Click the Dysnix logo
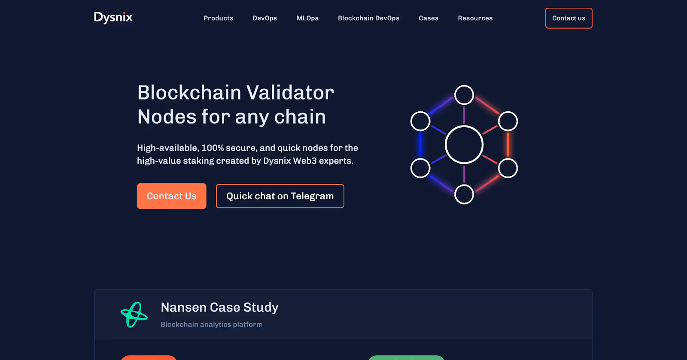(x=113, y=18)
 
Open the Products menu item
(x=219, y=18)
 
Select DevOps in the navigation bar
(x=264, y=18)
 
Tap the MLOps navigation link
(x=307, y=18)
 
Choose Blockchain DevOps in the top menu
(x=368, y=18)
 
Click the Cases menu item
(x=429, y=18)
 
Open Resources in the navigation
(x=475, y=18)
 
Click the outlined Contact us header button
(x=568, y=18)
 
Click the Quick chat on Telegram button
(x=280, y=196)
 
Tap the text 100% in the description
(x=213, y=148)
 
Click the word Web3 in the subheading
(x=305, y=161)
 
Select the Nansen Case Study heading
(x=219, y=307)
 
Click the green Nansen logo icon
(x=134, y=314)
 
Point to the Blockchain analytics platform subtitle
(x=211, y=324)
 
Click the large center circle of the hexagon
(x=464, y=145)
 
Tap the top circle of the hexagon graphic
(x=464, y=95)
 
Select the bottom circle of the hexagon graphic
(x=464, y=194)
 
